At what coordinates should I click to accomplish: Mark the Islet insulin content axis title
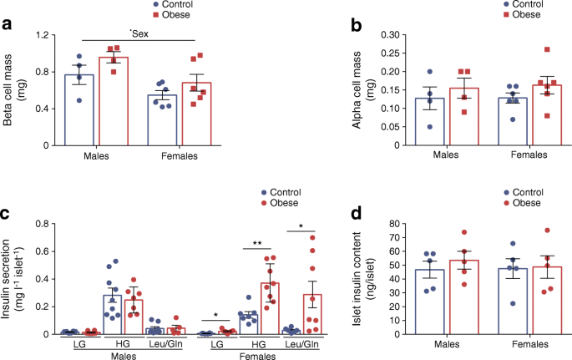pyautogui.click(x=327, y=278)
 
